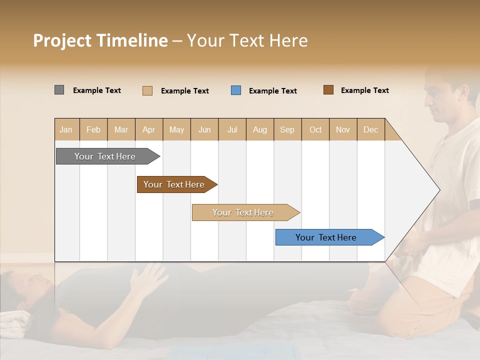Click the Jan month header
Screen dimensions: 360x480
(66, 129)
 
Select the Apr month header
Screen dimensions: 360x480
(149, 129)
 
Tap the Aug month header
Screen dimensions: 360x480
(260, 129)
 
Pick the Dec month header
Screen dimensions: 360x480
(370, 129)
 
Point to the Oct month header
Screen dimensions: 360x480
(315, 129)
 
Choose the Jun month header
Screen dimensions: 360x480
(204, 129)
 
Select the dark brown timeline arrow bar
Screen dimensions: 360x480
(175, 184)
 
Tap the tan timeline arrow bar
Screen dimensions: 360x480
(244, 212)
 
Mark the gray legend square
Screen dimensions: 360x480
(59, 90)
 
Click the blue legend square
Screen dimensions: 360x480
(236, 90)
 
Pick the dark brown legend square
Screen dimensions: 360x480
(328, 90)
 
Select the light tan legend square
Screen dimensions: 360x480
(147, 90)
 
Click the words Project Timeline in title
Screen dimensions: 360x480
(100, 40)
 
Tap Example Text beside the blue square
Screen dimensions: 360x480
(273, 91)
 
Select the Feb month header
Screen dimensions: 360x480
(93, 129)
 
